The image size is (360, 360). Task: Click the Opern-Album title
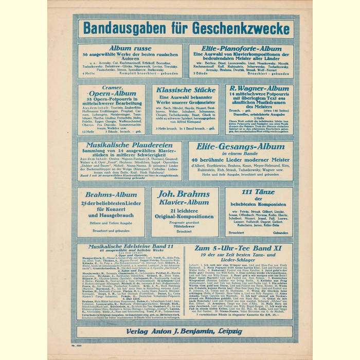(111, 97)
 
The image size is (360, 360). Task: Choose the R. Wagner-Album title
(259, 88)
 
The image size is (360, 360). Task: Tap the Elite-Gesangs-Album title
(240, 146)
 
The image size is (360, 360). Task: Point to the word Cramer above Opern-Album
(110, 88)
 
